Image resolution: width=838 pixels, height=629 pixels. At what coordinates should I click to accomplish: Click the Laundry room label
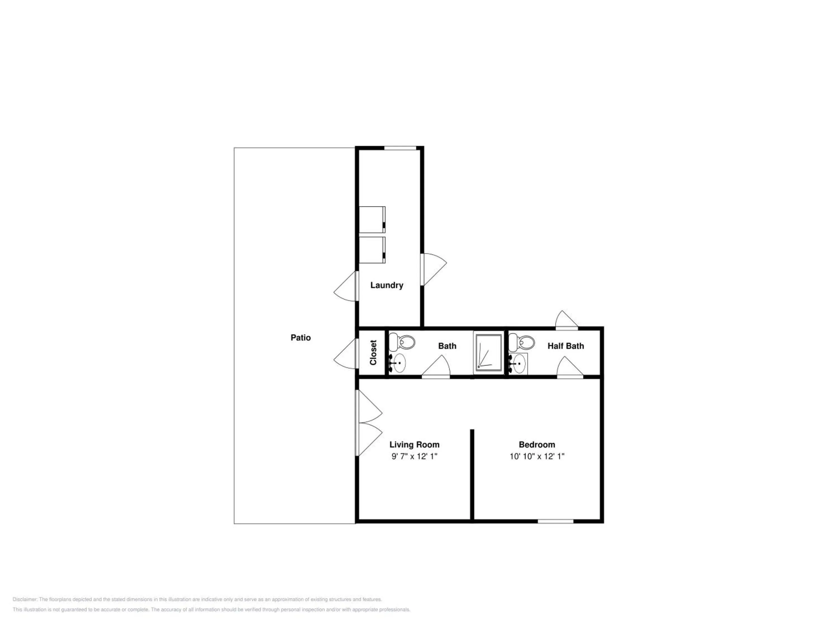coord(386,285)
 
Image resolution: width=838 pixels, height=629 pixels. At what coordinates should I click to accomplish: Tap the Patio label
coord(300,337)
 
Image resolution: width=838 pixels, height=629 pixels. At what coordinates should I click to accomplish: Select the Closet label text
coord(373,353)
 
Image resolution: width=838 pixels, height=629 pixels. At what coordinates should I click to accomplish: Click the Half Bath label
coord(566,346)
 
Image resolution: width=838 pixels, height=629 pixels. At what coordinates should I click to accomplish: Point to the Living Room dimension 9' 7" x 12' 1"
coord(415,456)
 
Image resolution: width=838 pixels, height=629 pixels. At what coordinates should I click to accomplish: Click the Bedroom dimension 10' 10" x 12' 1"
coord(537,456)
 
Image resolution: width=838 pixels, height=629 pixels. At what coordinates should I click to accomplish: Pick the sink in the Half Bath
coord(518,363)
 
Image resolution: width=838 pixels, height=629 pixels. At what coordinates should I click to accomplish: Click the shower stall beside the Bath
coord(488,353)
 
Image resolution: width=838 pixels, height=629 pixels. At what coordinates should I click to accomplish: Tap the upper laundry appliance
coord(372,219)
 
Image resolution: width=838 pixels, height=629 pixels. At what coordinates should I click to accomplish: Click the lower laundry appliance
coord(372,250)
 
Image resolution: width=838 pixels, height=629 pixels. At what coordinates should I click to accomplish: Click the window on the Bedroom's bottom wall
coord(555,521)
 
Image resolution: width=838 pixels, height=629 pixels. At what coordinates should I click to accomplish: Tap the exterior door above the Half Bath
coord(566,319)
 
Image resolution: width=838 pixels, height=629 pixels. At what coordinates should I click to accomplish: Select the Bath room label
coord(447,346)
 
